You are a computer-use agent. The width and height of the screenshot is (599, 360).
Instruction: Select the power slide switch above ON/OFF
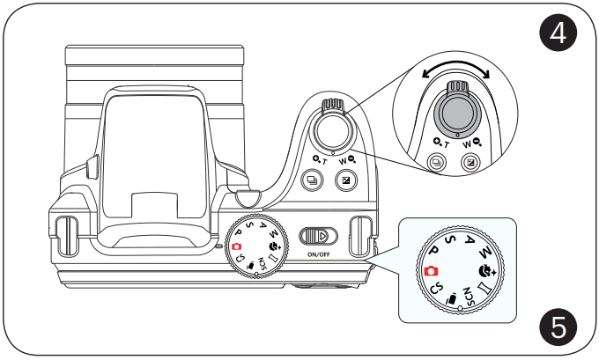318,237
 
